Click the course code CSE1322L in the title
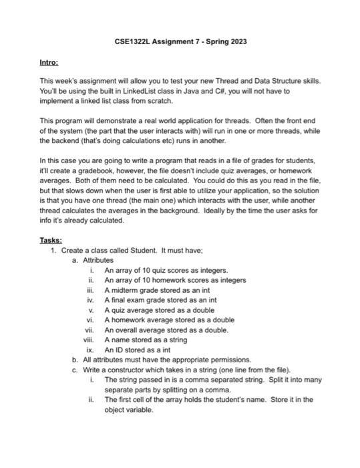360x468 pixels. click(134, 42)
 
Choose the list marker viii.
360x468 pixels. click(91, 339)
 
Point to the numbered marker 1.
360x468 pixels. click(53, 250)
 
